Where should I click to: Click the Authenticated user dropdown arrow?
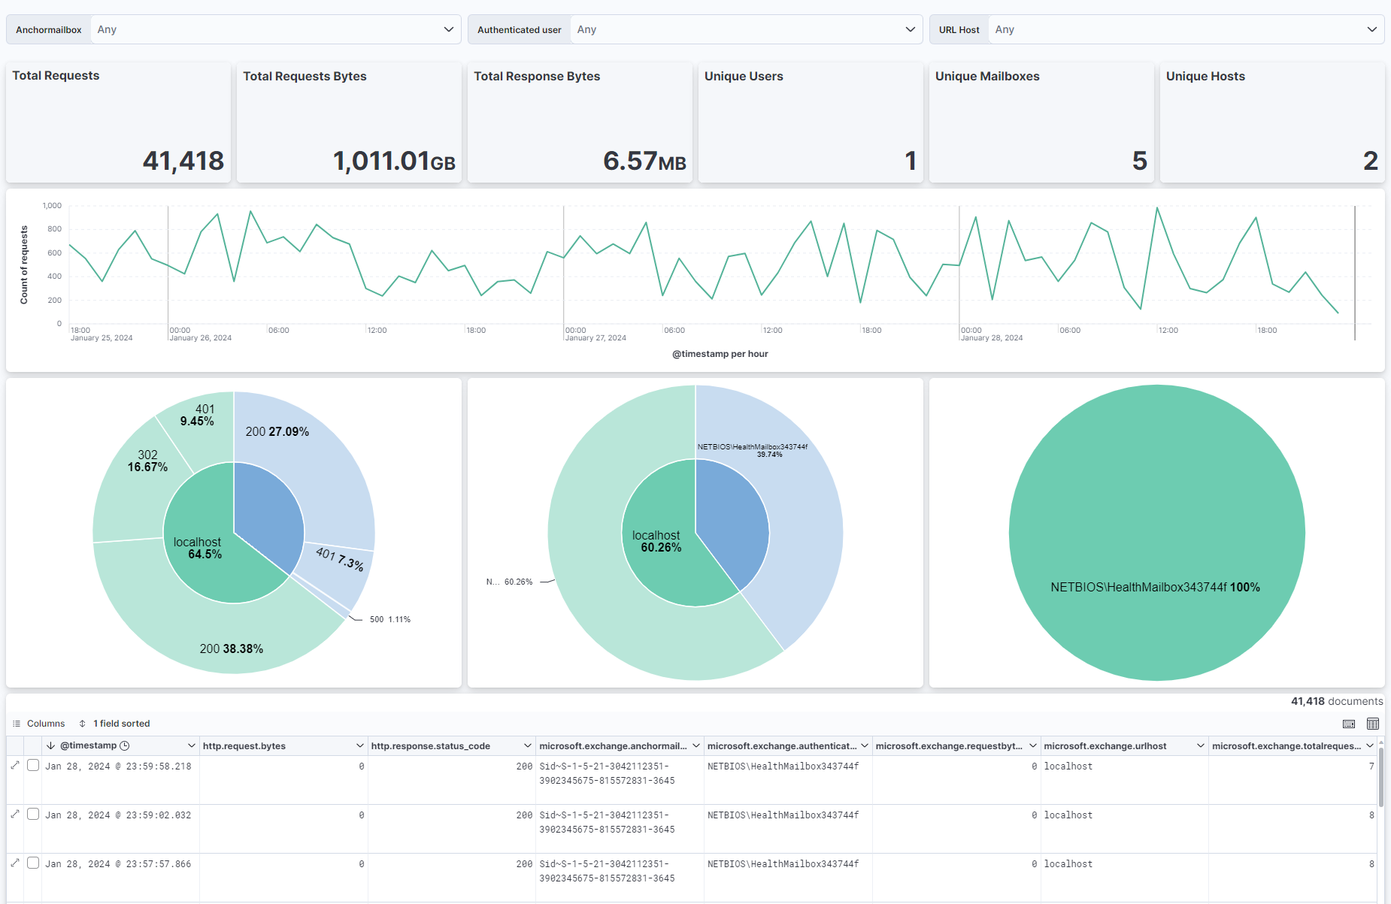click(910, 30)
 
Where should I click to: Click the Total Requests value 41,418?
click(183, 161)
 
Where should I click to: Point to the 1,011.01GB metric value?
click(393, 161)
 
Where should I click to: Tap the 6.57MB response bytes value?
click(644, 161)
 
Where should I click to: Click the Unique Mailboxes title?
click(987, 77)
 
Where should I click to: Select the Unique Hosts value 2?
click(1370, 161)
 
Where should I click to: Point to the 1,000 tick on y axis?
click(52, 206)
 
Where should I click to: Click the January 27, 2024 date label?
click(595, 338)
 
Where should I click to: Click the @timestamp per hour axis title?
click(720, 354)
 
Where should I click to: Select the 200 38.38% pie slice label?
click(231, 649)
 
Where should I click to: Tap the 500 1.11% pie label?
click(389, 620)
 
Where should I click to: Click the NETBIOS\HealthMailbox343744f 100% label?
click(1155, 588)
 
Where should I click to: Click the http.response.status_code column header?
click(431, 746)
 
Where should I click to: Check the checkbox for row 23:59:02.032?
click(33, 815)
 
